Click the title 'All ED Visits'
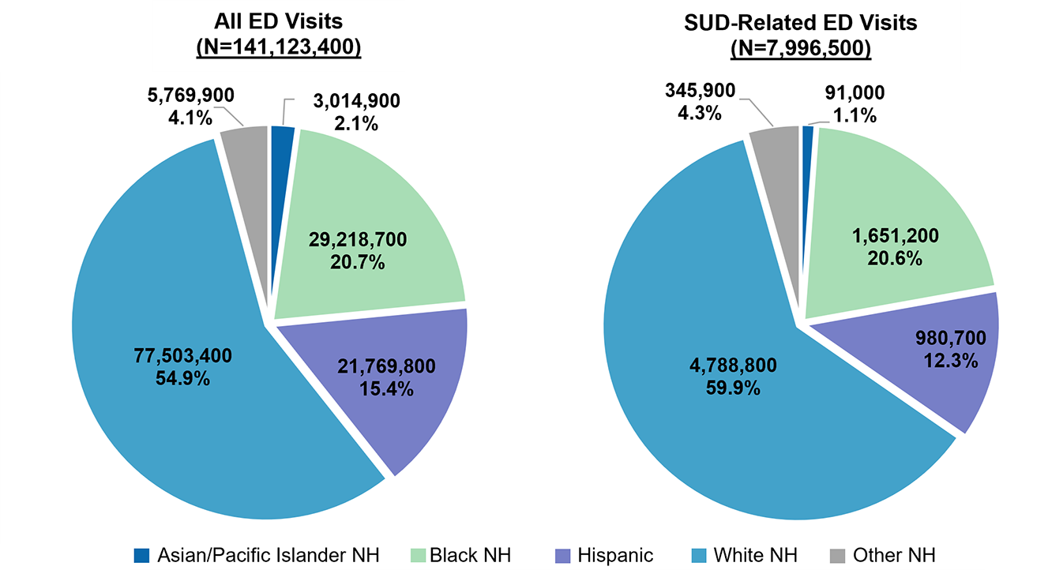click(x=278, y=22)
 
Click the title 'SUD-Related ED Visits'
click(x=800, y=22)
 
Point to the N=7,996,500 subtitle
click(x=800, y=47)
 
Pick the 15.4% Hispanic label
click(x=385, y=388)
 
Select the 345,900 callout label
click(x=699, y=92)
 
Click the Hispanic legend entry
click(x=603, y=555)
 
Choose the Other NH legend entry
click(x=884, y=555)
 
